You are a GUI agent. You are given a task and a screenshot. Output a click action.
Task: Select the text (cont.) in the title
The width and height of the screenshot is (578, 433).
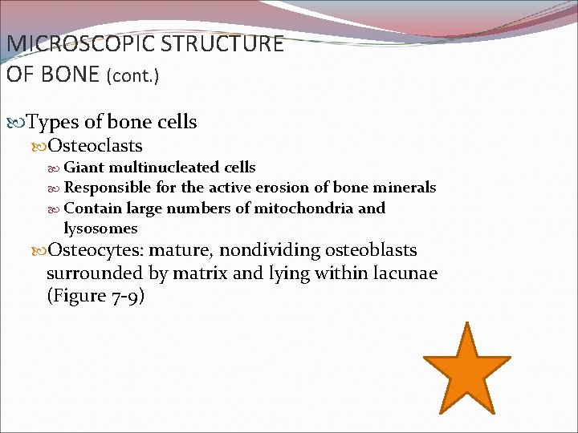coord(133,76)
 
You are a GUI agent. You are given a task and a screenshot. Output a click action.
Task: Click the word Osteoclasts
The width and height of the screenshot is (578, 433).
coord(95,145)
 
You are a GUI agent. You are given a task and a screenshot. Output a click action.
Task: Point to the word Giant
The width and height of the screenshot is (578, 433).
coord(83,168)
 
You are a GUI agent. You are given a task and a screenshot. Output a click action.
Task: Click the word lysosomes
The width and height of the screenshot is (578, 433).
coord(100,229)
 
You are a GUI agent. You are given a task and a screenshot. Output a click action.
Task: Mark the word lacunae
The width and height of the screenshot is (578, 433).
coord(406,273)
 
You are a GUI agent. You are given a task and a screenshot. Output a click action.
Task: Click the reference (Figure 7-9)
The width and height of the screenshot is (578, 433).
coord(96,296)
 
